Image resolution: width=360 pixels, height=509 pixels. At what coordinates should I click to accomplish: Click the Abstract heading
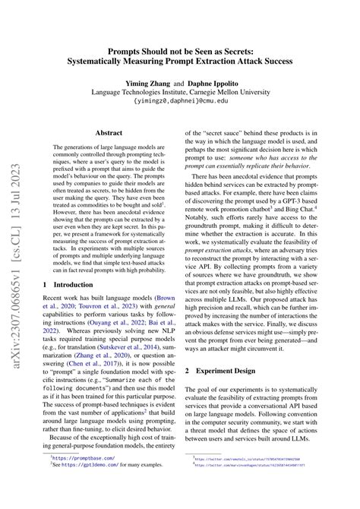coord(109,131)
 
